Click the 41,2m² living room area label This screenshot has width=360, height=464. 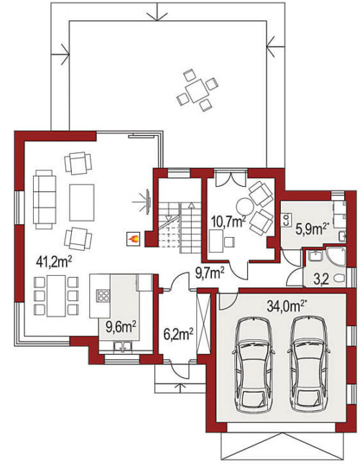54,261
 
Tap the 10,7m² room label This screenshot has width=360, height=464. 229,221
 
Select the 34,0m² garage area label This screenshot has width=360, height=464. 286,307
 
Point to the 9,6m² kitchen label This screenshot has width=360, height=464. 121,328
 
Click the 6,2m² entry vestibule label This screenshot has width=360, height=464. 178,335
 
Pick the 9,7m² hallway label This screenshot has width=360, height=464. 209,273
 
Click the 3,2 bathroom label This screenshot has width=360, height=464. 321,279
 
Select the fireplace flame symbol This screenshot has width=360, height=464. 134,239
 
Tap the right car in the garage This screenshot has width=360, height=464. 309,365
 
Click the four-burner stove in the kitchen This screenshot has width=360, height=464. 103,296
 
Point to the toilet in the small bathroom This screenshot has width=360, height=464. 339,279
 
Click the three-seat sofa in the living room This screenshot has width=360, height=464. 45,200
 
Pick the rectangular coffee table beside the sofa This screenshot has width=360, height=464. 82,203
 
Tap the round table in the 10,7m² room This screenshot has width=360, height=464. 244,206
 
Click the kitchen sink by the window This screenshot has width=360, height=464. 123,346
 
